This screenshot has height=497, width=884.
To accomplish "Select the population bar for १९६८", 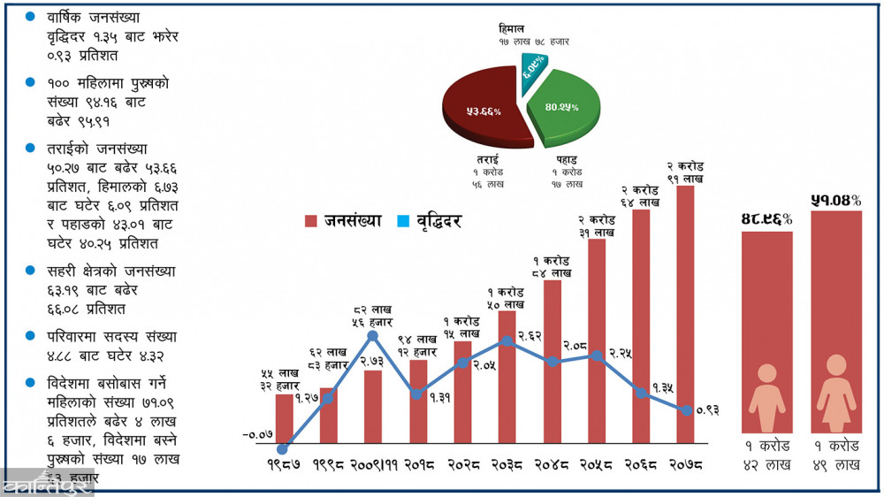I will (328, 416).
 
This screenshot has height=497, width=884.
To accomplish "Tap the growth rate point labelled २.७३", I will (372, 336).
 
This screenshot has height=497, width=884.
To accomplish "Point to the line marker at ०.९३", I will (685, 409).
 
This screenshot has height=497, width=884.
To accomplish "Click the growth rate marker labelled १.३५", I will (642, 393).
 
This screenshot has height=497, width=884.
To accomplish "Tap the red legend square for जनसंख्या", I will (309, 221).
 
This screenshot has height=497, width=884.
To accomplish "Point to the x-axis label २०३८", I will (507, 463).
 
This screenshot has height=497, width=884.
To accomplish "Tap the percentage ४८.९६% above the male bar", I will (766, 218).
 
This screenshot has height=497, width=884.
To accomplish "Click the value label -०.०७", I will (256, 434).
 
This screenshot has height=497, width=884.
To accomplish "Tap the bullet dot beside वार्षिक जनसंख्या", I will (31, 17).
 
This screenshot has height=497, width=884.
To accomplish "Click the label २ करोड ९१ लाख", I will (685, 172).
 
